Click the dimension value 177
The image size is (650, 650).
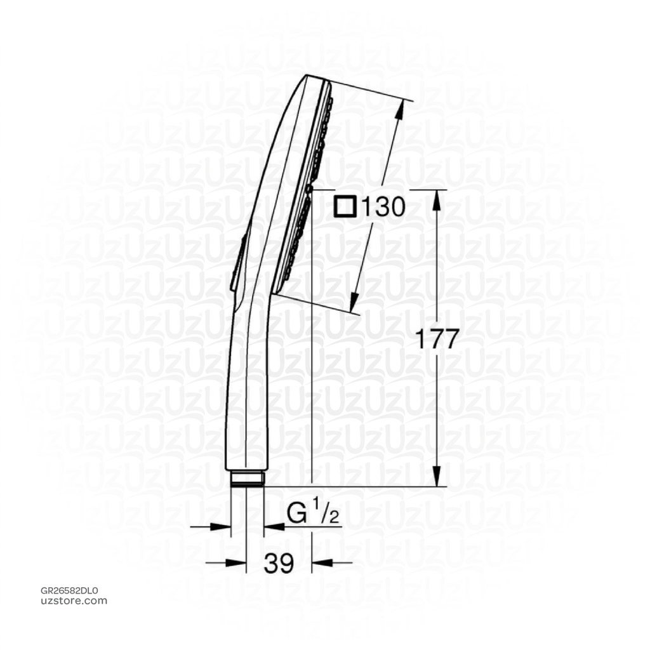pyautogui.click(x=436, y=340)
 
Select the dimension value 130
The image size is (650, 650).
pyautogui.click(x=380, y=207)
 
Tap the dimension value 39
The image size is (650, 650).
pyautogui.click(x=279, y=563)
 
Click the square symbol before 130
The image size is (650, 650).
pyautogui.click(x=347, y=207)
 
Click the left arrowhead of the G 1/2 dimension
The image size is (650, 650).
pyautogui.click(x=222, y=526)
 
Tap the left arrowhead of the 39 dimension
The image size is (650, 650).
pyautogui.click(x=238, y=562)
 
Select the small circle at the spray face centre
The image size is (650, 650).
pyautogui.click(x=308, y=189)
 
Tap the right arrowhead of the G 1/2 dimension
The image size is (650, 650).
pyautogui.click(x=272, y=526)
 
